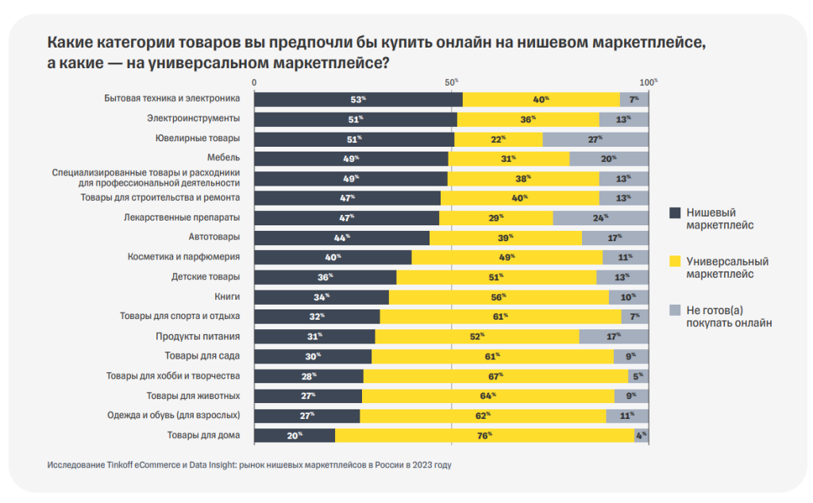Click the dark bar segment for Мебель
pyautogui.click(x=350, y=159)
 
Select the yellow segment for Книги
pyautogui.click(x=499, y=297)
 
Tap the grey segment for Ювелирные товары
pyautogui.click(x=595, y=139)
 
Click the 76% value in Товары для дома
pyautogui.click(x=484, y=435)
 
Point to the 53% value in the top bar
pyautogui.click(x=357, y=99)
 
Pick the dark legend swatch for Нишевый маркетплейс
pyautogui.click(x=676, y=213)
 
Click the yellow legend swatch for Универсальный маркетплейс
pyautogui.click(x=676, y=260)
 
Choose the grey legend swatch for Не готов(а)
pyautogui.click(x=676, y=309)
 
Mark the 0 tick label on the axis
pyautogui.click(x=254, y=82)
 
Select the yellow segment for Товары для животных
pyautogui.click(x=487, y=395)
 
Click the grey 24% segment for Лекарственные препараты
pyautogui.click(x=600, y=217)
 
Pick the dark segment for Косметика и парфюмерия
pyautogui.click(x=333, y=257)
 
